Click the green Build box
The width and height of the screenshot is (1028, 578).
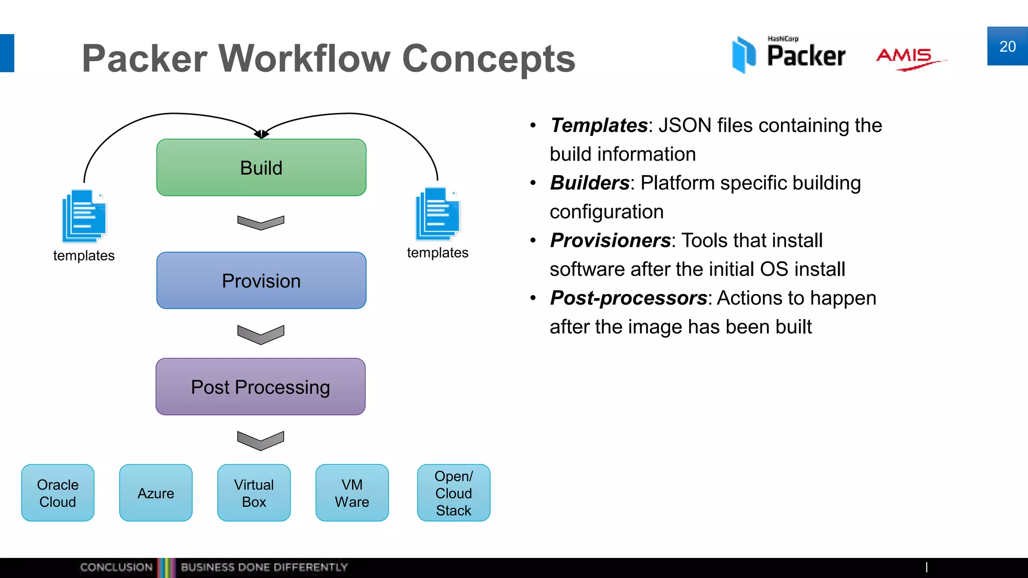261,168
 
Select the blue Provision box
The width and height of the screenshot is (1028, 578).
261,280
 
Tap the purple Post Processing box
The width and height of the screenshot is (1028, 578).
261,387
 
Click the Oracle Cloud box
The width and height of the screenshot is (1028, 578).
58,493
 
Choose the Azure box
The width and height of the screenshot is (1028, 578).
156,493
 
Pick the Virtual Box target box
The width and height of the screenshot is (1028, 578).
254,493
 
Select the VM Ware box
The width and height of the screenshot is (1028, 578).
352,493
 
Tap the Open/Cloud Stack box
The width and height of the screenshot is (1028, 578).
454,493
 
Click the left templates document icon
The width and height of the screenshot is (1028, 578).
84,216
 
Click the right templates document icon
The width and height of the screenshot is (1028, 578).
438,214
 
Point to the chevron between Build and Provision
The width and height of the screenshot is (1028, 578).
261,222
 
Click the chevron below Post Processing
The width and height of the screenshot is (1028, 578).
261,440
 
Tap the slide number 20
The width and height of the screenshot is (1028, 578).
1007,47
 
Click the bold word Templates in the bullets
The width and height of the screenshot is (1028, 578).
599,125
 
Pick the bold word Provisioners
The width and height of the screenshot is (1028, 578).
610,241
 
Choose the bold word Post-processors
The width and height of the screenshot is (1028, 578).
628,298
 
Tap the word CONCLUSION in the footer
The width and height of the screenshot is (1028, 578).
116,567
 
